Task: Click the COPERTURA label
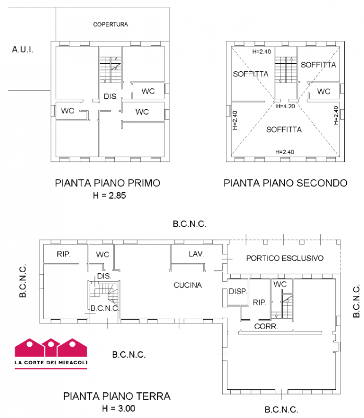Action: tap(111, 24)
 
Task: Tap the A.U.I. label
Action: tap(22, 50)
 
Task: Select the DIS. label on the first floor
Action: tap(111, 96)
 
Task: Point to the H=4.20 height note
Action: tap(285, 106)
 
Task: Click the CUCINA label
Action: tap(188, 285)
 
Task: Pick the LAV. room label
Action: tap(196, 254)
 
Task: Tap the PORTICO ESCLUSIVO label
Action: tap(285, 258)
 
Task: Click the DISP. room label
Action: tap(238, 292)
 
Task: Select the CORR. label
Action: tap(266, 326)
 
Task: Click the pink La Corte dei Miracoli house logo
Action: tap(51, 354)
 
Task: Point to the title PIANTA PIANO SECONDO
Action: tap(285, 183)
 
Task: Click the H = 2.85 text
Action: tap(109, 195)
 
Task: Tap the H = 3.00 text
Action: tap(118, 408)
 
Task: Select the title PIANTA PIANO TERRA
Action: tap(117, 396)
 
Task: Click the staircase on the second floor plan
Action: tap(286, 69)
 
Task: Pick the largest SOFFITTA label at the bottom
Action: tap(284, 130)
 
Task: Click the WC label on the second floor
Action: tap(323, 91)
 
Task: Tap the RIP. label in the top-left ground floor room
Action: tap(64, 254)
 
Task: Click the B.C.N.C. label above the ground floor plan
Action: tap(189, 224)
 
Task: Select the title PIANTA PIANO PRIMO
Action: tap(107, 183)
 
